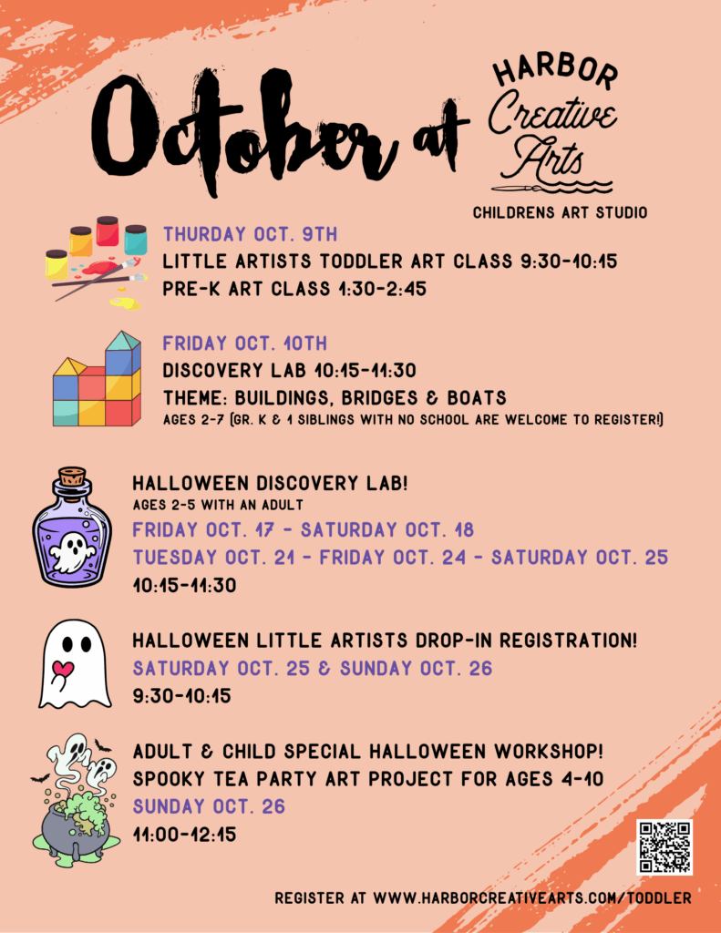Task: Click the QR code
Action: (664, 846)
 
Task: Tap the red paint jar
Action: (108, 231)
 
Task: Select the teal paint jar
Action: (136, 240)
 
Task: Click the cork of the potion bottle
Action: (72, 476)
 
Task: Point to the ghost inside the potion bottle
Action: (71, 551)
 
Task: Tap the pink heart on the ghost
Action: (63, 669)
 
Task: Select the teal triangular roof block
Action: (123, 341)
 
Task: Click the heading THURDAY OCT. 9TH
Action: (250, 234)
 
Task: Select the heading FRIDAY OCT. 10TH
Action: (244, 343)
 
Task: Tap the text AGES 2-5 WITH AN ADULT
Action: (218, 505)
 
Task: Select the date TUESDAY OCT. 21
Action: (213, 558)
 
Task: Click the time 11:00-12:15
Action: (184, 835)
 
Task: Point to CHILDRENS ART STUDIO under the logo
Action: (561, 212)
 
